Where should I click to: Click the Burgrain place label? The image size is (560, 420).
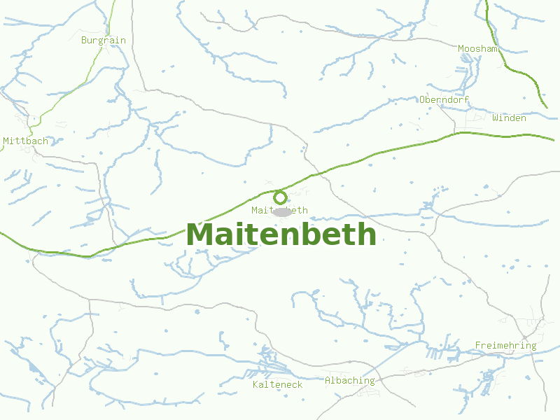point(104,40)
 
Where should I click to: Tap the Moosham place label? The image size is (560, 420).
point(478,48)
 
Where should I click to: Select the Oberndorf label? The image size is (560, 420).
point(444,99)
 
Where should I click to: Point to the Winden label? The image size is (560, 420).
point(509,118)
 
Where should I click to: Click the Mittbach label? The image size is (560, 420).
point(26,141)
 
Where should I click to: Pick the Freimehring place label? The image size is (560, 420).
point(505,345)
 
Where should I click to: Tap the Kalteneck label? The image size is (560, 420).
point(277,384)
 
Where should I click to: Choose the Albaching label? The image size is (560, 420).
point(349,380)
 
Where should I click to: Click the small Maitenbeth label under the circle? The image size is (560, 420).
point(279,210)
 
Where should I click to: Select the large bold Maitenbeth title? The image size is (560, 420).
point(281,234)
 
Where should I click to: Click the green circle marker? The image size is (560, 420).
point(280,197)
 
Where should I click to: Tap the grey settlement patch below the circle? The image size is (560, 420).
point(282,212)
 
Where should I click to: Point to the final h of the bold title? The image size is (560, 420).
point(367,234)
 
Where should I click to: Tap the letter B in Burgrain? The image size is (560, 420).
point(84,40)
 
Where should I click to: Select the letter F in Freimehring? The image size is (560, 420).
point(478,345)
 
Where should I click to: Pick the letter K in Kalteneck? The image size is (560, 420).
point(255,384)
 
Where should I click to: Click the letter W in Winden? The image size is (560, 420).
point(495,118)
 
